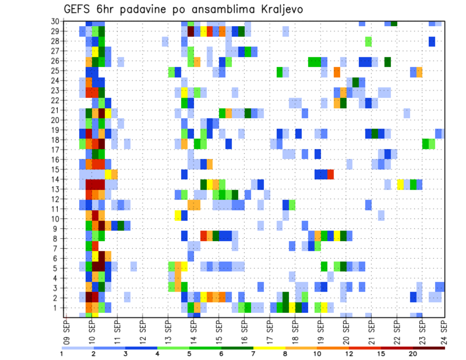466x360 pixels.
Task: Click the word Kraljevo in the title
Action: tap(275, 9)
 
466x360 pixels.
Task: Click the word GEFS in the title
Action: tap(78, 9)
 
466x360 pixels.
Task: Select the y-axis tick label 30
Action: tap(55, 21)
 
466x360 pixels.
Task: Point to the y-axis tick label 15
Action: tap(55, 169)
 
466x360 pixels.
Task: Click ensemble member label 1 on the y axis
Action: tap(57, 308)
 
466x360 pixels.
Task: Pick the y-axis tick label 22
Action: tap(55, 100)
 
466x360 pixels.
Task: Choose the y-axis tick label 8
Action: tap(57, 239)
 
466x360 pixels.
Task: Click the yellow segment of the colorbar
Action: tap(268, 348)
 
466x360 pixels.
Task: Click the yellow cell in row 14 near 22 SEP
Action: tap(400, 184)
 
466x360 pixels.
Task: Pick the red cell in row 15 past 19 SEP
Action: tap(331, 174)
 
